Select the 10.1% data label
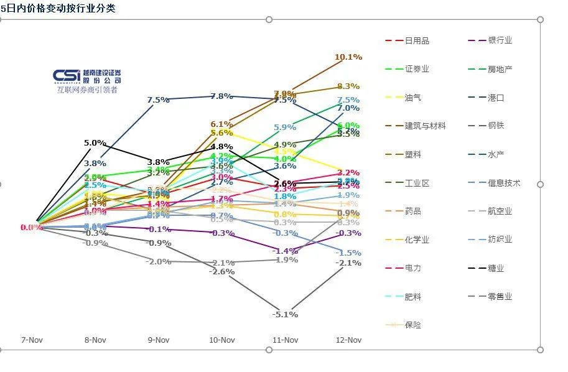pyautogui.click(x=348, y=57)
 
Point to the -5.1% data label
pyautogui.click(x=285, y=314)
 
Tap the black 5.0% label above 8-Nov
pyautogui.click(x=95, y=142)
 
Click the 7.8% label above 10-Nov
pyautogui.click(x=221, y=96)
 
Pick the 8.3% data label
pyautogui.click(x=348, y=86)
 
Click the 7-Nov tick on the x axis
pyautogui.click(x=32, y=340)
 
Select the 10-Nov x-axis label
pyautogui.click(x=221, y=340)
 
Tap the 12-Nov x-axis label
pyautogui.click(x=348, y=340)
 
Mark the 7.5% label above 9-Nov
pyautogui.click(x=159, y=100)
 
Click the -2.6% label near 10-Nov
pyautogui.click(x=221, y=271)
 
